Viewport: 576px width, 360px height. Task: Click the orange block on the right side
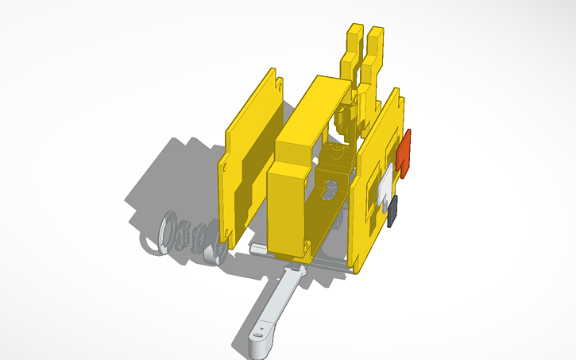click(406, 152)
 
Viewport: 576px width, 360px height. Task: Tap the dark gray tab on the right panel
click(394, 211)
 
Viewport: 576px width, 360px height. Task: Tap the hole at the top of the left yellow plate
click(278, 83)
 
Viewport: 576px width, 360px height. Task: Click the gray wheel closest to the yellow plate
click(212, 253)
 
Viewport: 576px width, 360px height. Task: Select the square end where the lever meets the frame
click(292, 274)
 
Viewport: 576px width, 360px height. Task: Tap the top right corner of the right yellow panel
click(399, 97)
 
